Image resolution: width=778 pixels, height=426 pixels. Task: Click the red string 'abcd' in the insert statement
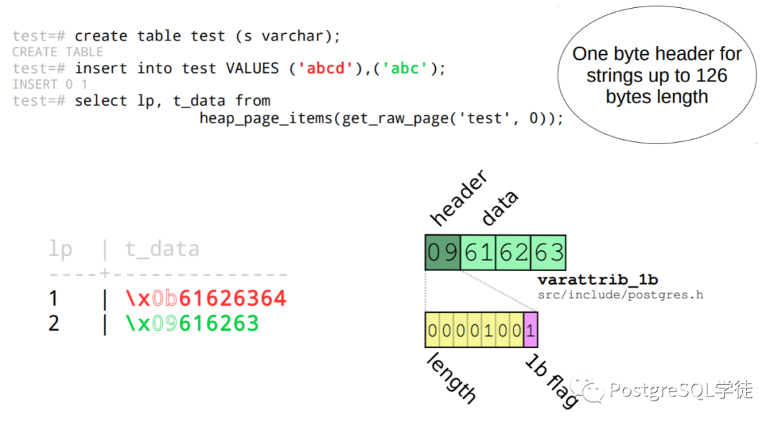(x=325, y=68)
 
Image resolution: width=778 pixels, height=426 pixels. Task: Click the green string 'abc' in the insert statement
(x=405, y=68)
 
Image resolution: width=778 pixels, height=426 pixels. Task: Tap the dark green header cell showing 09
(x=442, y=252)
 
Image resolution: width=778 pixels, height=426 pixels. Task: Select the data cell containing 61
(x=478, y=252)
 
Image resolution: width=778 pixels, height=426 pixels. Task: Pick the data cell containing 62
(x=514, y=252)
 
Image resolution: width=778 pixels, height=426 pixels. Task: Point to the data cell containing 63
(x=548, y=252)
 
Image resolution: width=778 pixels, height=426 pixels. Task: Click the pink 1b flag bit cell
(x=530, y=329)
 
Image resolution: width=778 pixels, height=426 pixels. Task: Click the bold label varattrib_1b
(x=598, y=280)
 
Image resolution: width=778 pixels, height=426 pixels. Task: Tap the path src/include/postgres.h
(x=620, y=295)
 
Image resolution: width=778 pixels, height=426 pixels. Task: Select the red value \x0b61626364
(x=206, y=298)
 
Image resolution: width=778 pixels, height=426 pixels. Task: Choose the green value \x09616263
(x=192, y=324)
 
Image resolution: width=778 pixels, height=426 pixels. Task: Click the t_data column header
(x=162, y=249)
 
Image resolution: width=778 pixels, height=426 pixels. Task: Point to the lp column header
(x=61, y=249)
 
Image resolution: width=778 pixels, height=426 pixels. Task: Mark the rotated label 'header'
(x=458, y=198)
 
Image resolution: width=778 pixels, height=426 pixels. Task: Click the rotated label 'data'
(x=500, y=208)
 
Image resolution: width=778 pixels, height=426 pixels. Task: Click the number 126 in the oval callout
(x=712, y=76)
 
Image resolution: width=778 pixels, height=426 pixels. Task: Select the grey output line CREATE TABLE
(x=58, y=52)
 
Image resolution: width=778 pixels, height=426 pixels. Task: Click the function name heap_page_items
(x=265, y=119)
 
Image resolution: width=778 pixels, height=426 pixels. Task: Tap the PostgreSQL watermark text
(x=681, y=390)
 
